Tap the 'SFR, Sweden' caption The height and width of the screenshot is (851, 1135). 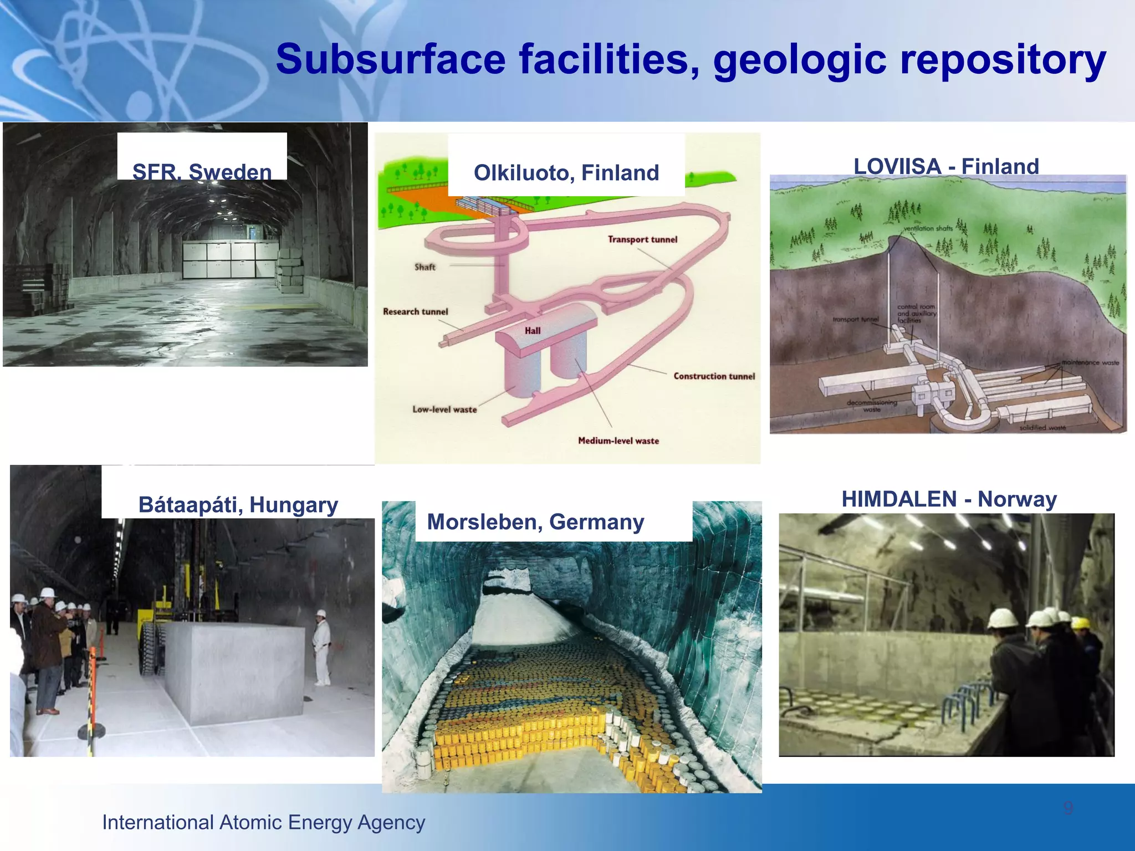202,172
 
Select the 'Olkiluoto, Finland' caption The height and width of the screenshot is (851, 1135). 566,173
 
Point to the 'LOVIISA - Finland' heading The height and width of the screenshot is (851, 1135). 946,166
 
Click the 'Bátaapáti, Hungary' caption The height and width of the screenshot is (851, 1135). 238,505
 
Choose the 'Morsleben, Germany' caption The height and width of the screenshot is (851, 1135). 535,522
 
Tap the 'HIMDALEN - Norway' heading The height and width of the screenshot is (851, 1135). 949,499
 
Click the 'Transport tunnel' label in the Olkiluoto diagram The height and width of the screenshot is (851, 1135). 642,239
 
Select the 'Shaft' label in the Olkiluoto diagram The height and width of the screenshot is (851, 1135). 425,267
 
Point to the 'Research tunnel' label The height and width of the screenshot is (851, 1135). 415,311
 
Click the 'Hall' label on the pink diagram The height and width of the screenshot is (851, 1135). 533,331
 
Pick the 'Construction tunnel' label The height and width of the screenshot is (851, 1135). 714,376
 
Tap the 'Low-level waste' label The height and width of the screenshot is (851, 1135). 444,409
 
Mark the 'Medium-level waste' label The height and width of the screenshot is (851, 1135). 618,441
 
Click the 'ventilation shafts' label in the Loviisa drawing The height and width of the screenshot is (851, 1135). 928,228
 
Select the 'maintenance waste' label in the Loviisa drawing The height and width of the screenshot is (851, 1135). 1090,362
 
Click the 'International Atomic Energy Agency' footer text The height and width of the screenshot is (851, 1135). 264,822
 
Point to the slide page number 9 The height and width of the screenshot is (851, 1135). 1068,808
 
